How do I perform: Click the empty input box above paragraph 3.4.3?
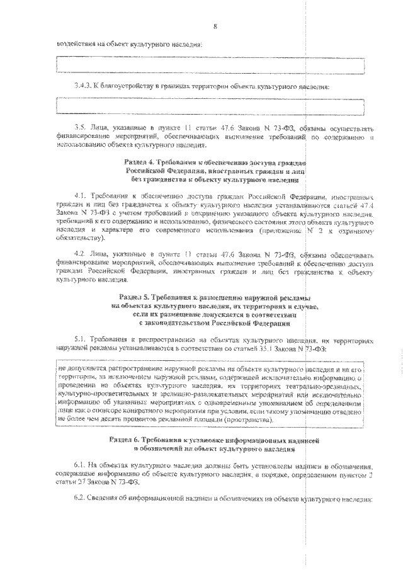pos(210,66)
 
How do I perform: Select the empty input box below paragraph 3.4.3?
pos(210,106)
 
